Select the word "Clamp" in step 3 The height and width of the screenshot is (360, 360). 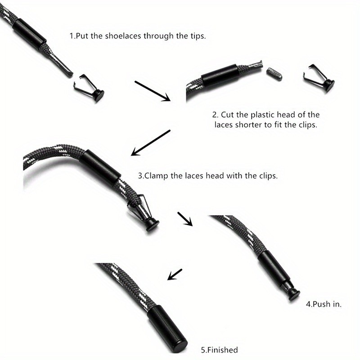[x=156, y=176]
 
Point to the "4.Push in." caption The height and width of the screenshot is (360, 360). [x=324, y=304]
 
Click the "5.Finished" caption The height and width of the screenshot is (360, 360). [x=219, y=350]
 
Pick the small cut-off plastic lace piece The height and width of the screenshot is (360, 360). [x=274, y=74]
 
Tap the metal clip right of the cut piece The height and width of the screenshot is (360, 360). [x=319, y=78]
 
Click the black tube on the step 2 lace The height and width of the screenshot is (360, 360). [x=220, y=75]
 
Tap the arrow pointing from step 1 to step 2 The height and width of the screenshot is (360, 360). [x=153, y=91]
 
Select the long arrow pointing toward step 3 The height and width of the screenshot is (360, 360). [x=151, y=143]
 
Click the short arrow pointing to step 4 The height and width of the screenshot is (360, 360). [x=185, y=219]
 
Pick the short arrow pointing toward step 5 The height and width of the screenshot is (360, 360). [x=175, y=274]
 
